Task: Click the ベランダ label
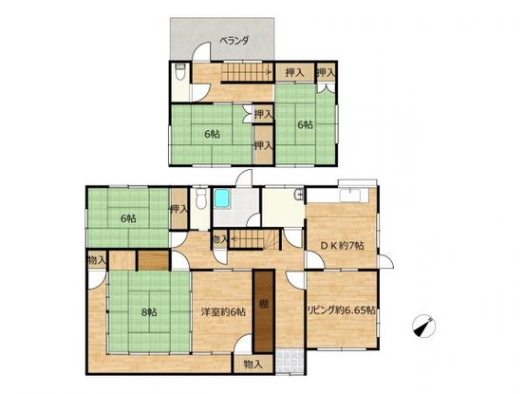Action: pyautogui.click(x=234, y=41)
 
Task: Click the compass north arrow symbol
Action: pyautogui.click(x=423, y=326)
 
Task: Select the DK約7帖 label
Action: pyautogui.click(x=342, y=245)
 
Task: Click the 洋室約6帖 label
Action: pyautogui.click(x=223, y=312)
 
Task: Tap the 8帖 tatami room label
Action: pyautogui.click(x=149, y=312)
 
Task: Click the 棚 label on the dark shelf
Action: pyautogui.click(x=264, y=305)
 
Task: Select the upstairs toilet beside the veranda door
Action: pyautogui.click(x=180, y=71)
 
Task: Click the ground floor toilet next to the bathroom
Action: pyautogui.click(x=200, y=198)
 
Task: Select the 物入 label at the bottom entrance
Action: pyautogui.click(x=253, y=364)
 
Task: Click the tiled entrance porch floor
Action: pyautogui.click(x=290, y=362)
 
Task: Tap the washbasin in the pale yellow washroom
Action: pyautogui.click(x=300, y=195)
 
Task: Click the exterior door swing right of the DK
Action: pyautogui.click(x=385, y=261)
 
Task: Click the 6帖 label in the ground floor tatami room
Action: pyautogui.click(x=128, y=218)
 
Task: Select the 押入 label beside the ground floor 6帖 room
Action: pyautogui.click(x=179, y=210)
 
